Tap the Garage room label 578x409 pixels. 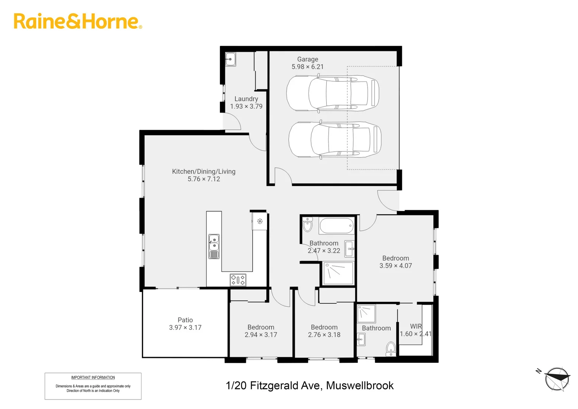tap(307, 59)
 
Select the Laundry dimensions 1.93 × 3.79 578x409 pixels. tap(246, 106)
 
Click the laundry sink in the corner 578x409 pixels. tap(230, 59)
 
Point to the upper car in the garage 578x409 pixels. tap(332, 94)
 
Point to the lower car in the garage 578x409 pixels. tap(335, 139)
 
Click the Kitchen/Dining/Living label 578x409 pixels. tap(204, 172)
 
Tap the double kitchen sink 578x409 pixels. tap(214, 246)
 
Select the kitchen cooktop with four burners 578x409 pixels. tap(238, 280)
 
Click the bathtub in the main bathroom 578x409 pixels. tap(337, 226)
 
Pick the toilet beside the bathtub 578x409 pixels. tap(308, 225)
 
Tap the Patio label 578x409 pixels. tap(185, 320)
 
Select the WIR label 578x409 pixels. tap(416, 326)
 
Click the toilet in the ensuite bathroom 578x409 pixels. tap(391, 348)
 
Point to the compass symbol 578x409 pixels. tap(557, 378)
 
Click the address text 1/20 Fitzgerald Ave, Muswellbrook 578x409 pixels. tap(309, 386)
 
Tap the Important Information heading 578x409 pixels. tap(93, 378)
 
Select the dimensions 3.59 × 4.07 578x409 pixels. tap(396, 266)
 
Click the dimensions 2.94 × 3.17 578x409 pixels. tap(261, 335)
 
